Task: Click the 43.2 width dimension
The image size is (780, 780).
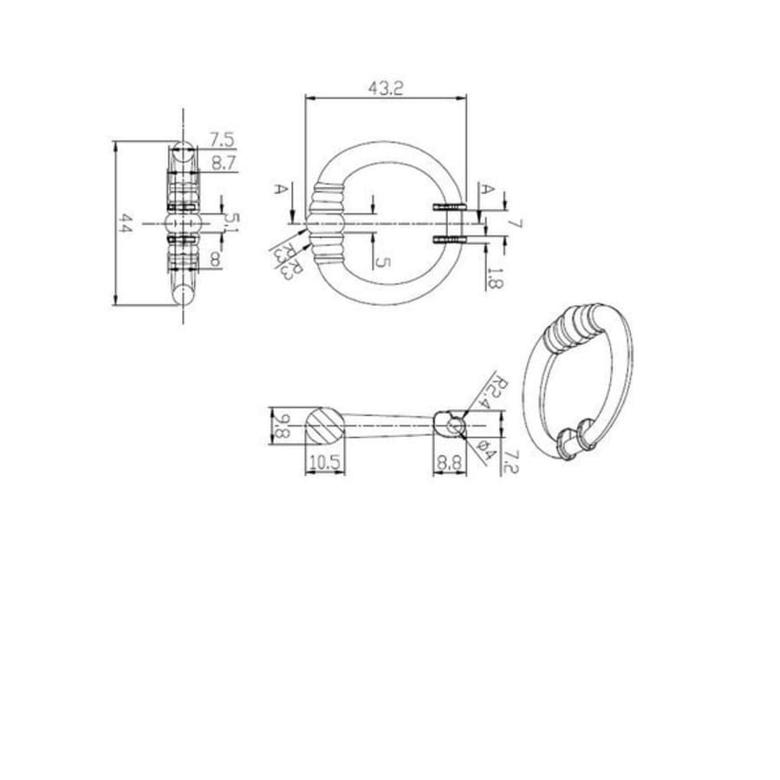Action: (x=386, y=88)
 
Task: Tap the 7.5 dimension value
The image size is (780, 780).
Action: (x=222, y=140)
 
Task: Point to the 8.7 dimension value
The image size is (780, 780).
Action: (x=223, y=162)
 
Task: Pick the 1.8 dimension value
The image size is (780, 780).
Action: (x=493, y=277)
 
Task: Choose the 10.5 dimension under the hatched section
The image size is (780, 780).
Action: (x=323, y=463)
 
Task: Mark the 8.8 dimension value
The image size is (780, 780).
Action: (x=449, y=463)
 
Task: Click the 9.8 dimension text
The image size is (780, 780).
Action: (x=280, y=426)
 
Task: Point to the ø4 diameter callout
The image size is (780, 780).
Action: (x=485, y=450)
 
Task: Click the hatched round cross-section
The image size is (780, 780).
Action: (x=324, y=426)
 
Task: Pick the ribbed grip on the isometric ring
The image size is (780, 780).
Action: (x=573, y=326)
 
